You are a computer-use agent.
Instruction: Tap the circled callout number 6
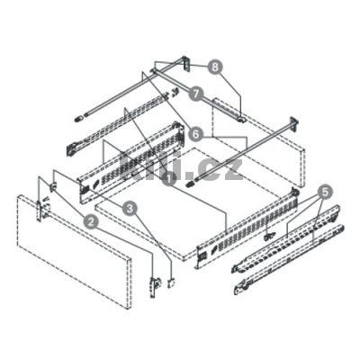[194, 132]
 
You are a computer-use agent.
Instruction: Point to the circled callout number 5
[325, 192]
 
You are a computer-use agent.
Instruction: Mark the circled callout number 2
[91, 219]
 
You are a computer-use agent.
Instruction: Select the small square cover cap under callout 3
[169, 283]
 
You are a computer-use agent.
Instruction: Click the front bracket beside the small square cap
[155, 274]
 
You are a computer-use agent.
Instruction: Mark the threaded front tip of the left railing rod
[78, 115]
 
